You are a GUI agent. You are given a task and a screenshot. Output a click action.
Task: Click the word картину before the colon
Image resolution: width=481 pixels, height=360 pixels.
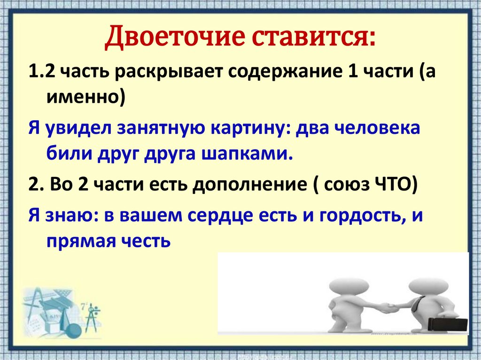249,129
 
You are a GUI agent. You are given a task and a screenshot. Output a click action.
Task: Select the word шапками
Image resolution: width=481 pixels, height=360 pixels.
247,153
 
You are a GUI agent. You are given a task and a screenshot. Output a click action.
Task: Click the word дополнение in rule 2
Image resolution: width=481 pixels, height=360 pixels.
250,185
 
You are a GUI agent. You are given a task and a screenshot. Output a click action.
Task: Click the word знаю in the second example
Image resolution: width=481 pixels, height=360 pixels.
70,216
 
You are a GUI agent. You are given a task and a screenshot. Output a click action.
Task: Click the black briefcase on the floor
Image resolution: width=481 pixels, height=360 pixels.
448,325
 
